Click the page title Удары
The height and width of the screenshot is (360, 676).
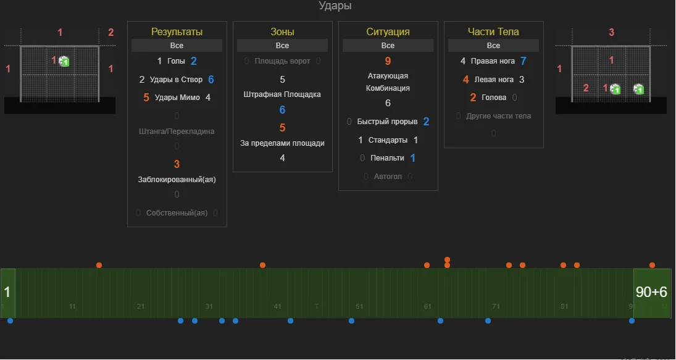click(x=335, y=6)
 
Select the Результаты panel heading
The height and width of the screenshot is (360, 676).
click(x=177, y=31)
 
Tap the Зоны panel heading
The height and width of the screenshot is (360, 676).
click(x=282, y=31)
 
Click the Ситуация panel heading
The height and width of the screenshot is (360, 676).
click(x=388, y=31)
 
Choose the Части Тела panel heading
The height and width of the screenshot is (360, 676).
click(x=493, y=31)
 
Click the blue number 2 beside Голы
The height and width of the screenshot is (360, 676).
click(x=194, y=61)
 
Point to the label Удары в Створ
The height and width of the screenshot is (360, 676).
click(x=176, y=80)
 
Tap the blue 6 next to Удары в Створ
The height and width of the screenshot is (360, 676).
click(x=211, y=80)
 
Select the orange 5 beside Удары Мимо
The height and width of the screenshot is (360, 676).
click(x=146, y=98)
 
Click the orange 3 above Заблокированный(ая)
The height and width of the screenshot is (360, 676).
click(x=177, y=164)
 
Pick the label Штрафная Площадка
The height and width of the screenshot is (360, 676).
click(x=282, y=94)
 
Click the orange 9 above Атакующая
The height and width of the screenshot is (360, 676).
click(x=388, y=61)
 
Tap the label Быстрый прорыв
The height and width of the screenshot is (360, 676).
click(x=387, y=122)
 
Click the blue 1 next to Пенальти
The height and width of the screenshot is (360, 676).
click(x=413, y=158)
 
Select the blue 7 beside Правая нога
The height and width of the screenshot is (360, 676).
click(x=524, y=61)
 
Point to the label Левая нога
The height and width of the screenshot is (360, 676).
click(x=494, y=80)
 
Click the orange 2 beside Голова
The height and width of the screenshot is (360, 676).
click(x=473, y=98)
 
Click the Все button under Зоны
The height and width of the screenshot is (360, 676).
click(x=282, y=46)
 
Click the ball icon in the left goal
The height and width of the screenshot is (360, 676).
click(x=64, y=61)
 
